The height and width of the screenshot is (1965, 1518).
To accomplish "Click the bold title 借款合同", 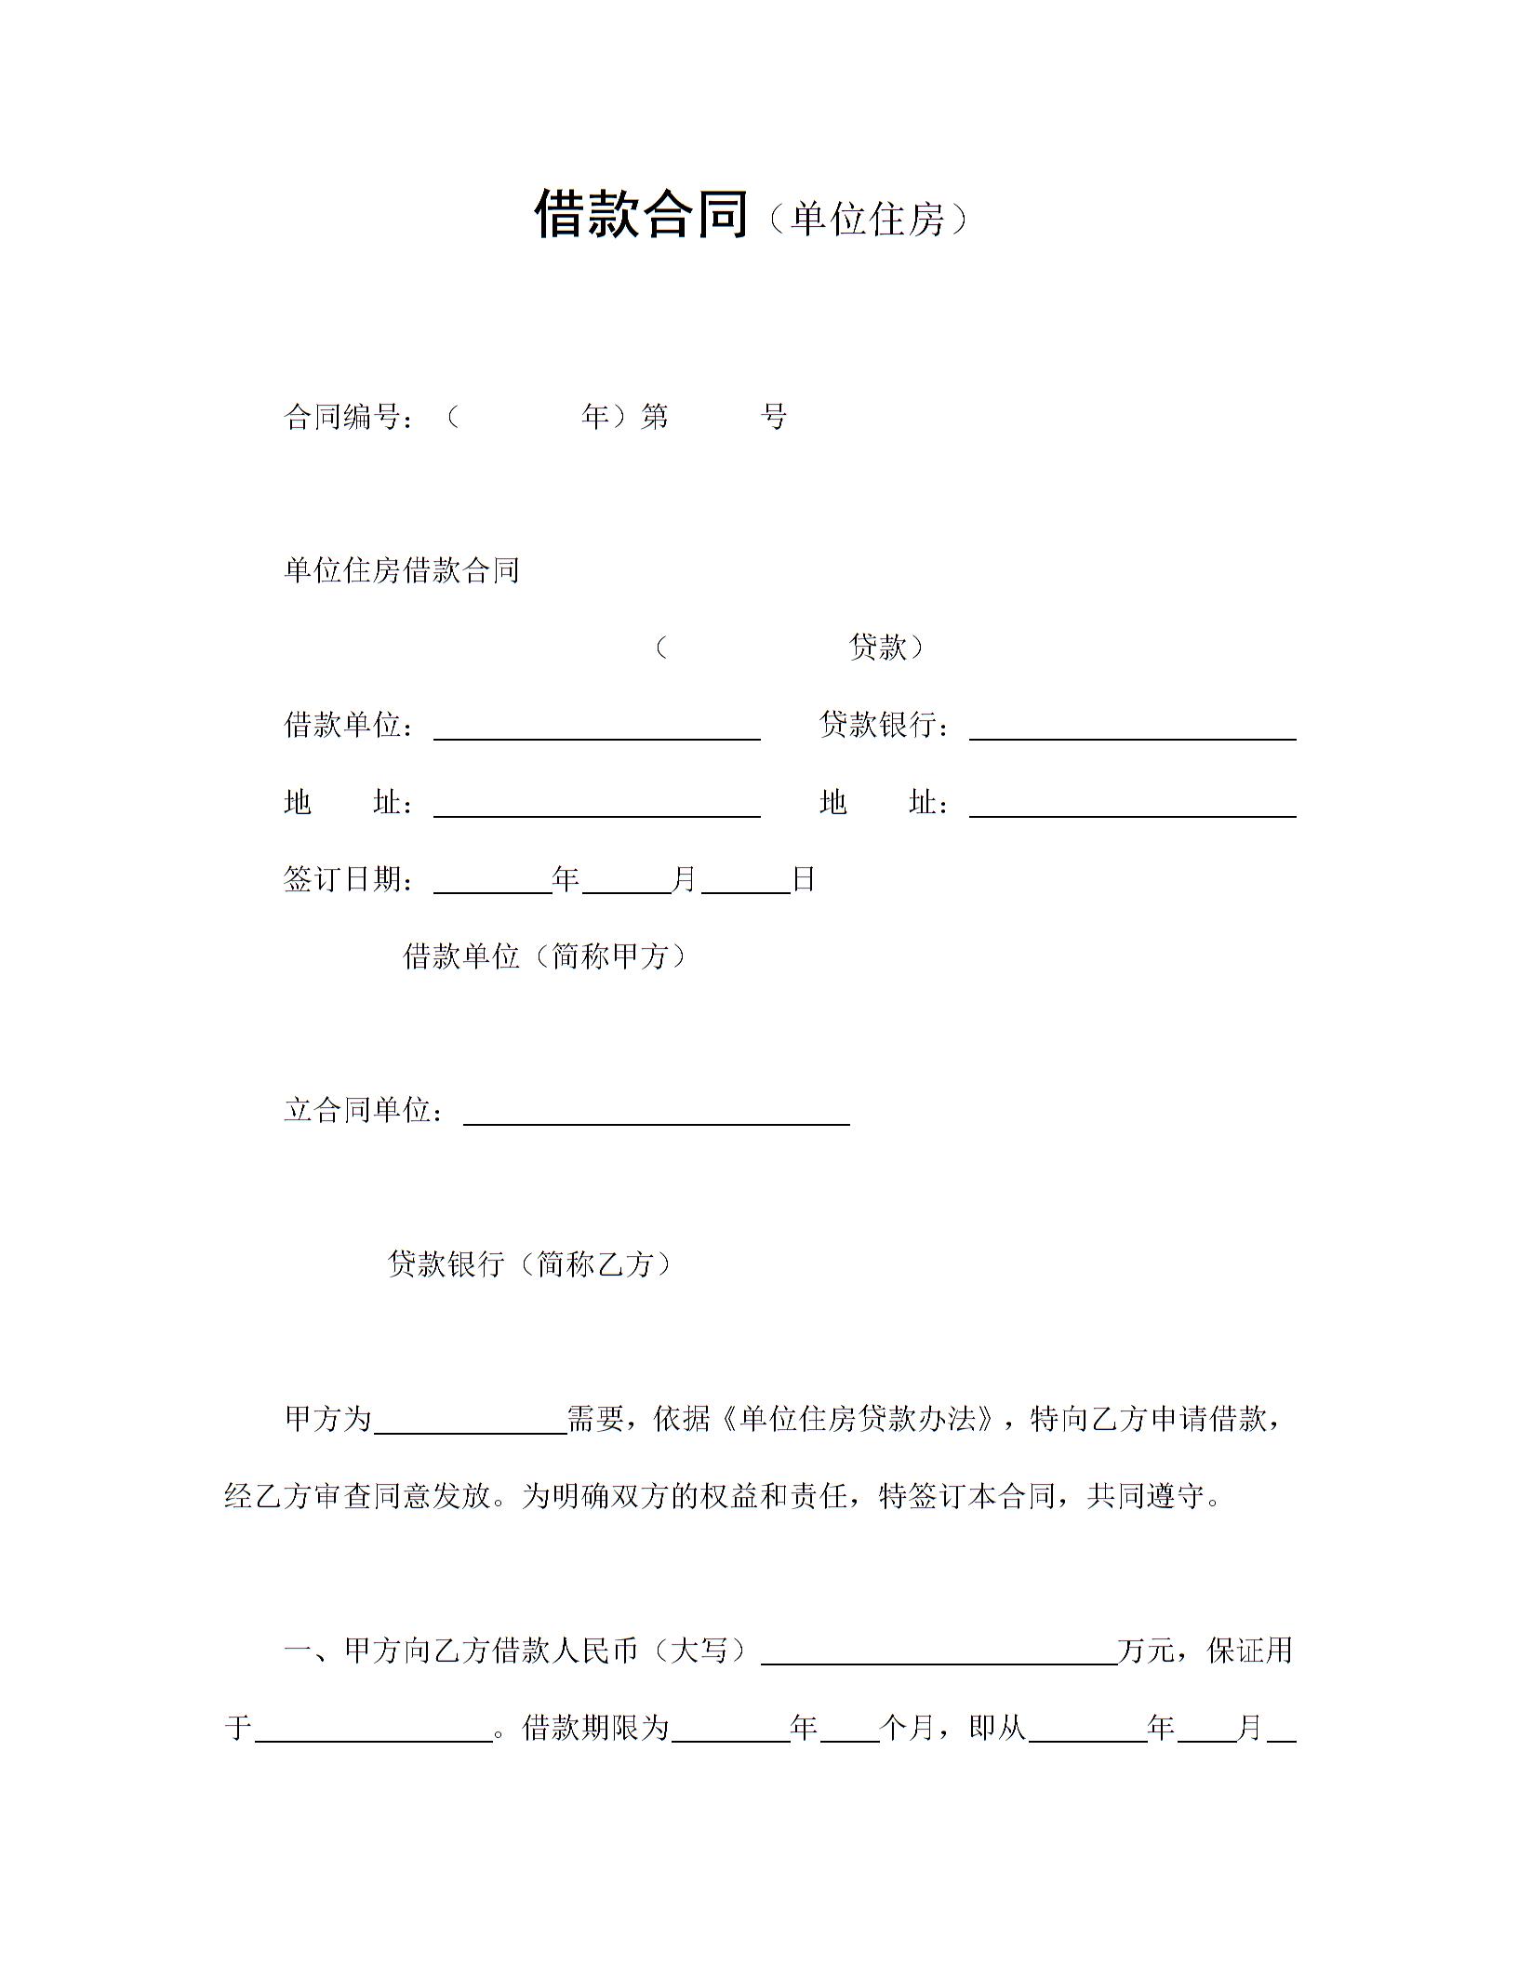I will click(x=641, y=215).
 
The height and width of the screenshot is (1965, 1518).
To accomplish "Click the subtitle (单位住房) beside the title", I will click(x=869, y=220).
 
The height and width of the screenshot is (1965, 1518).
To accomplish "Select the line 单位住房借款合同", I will click(x=402, y=570).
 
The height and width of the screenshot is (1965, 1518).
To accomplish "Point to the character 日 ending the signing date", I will click(x=803, y=879).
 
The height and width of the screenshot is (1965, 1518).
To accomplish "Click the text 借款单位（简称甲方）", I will click(x=545, y=956).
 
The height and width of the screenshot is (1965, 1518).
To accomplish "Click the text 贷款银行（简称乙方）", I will click(x=529, y=1263).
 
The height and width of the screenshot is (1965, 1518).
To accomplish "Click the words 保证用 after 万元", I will click(x=1249, y=1651).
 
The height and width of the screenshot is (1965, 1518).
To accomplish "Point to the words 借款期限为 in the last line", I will click(x=596, y=1728).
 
